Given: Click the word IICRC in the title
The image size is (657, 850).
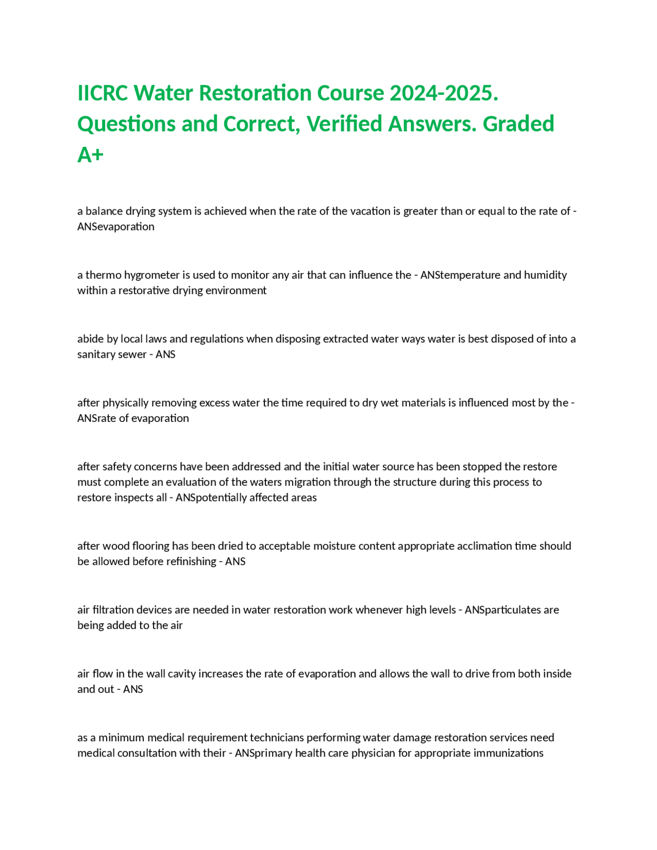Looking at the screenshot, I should coord(103,93).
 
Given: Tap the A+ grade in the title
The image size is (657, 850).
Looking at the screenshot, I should coord(90,155).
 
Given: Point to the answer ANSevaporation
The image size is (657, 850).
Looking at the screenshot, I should coord(115,227).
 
